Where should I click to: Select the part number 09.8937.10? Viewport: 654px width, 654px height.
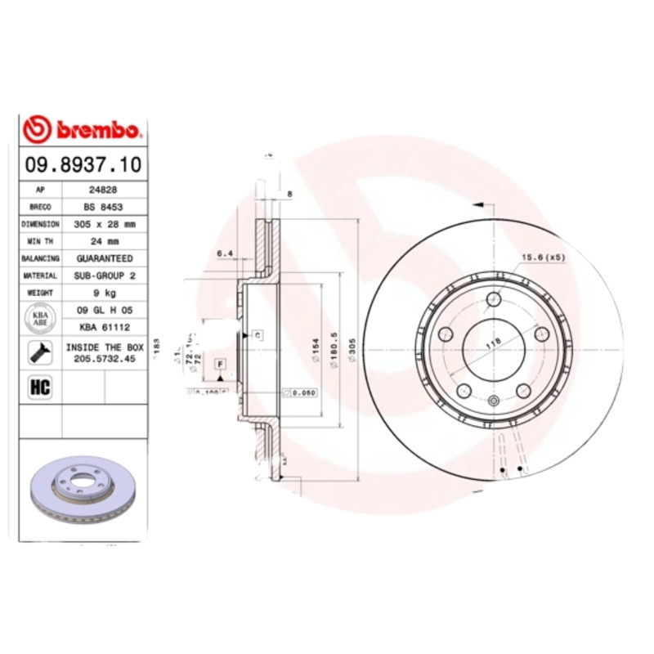coord(83,164)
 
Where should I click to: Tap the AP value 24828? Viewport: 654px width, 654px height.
coord(105,190)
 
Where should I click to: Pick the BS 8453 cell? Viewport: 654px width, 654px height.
coord(105,207)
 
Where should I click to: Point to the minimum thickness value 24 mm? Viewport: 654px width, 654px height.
coord(105,241)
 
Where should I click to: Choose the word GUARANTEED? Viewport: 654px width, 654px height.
coord(105,258)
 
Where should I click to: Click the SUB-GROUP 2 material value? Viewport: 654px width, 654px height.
coord(105,276)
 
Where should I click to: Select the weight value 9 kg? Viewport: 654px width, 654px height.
coord(105,293)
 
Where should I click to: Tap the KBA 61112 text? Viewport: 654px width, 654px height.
coord(105,327)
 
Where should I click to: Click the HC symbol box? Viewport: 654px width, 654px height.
coord(40,387)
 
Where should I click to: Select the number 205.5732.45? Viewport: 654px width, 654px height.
coord(105,358)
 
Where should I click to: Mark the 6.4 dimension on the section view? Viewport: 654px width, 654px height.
coord(225,254)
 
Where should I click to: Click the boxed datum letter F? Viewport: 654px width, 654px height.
coord(221,363)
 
